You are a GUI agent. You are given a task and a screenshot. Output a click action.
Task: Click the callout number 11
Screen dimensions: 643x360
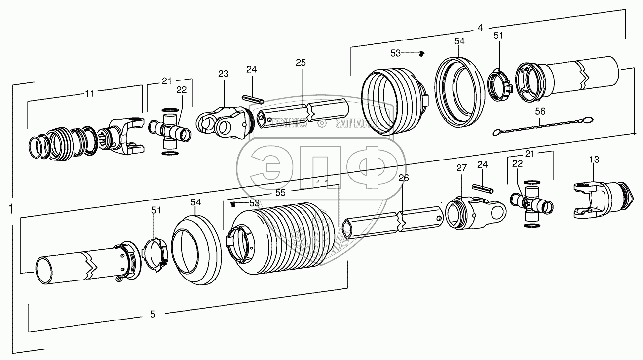click(89, 94)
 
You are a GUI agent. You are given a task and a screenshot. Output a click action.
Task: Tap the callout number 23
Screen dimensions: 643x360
click(224, 74)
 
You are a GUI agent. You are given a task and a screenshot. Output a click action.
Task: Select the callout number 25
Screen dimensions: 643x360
click(301, 63)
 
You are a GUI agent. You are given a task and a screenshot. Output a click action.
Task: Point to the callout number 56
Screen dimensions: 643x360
click(540, 111)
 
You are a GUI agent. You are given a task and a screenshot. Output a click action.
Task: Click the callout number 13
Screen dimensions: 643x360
click(594, 160)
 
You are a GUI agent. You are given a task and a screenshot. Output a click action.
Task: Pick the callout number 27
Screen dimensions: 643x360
click(461, 168)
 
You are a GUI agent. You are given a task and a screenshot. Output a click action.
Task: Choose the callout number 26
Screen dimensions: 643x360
click(404, 178)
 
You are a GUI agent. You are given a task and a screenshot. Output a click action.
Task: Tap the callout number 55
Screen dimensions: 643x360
click(280, 193)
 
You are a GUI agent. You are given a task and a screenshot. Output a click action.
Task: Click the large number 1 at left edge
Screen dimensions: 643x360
click(11, 209)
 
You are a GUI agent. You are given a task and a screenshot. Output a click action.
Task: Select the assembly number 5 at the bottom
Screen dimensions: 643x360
click(152, 314)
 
